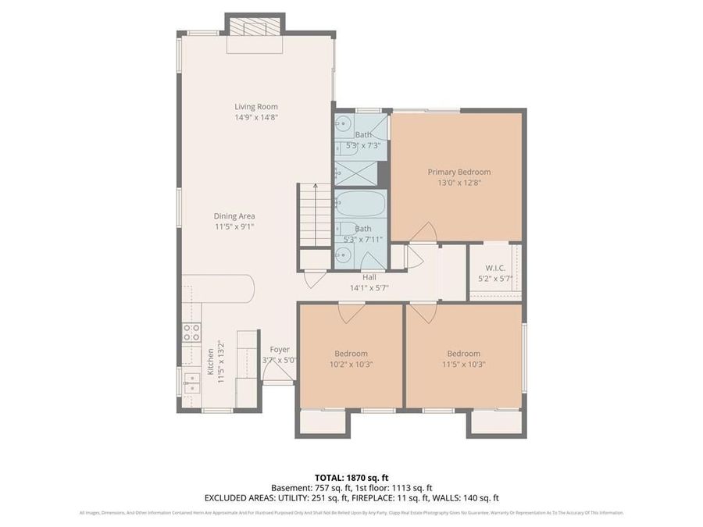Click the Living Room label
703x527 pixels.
[x=256, y=107]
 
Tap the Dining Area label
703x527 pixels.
[x=234, y=216]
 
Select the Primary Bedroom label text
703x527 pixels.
[x=459, y=172]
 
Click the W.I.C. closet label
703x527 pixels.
[x=495, y=268]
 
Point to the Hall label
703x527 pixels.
[x=369, y=277]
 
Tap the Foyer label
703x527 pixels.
[x=280, y=350]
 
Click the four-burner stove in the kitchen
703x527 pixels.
[x=192, y=333]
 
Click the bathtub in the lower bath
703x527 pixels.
[x=360, y=205]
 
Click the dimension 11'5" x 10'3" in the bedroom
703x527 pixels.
[x=463, y=364]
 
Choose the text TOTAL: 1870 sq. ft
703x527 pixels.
[x=351, y=476]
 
